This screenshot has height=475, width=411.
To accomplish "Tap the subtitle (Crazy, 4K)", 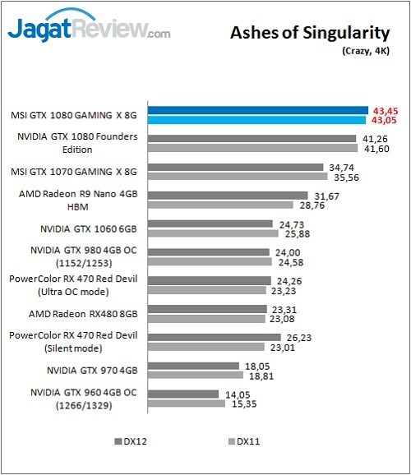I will (363, 51).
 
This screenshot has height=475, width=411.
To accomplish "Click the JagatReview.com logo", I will (89, 30).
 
